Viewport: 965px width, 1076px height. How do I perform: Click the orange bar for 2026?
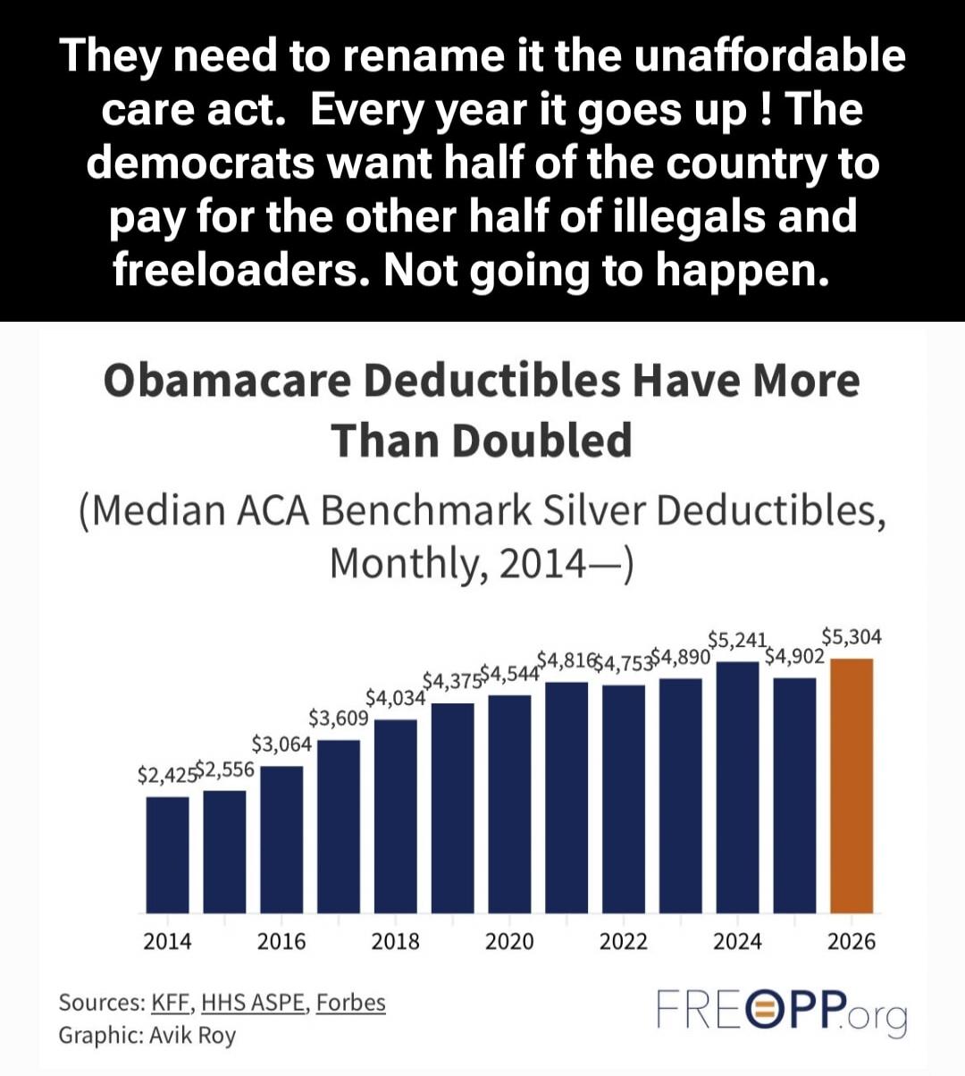852,786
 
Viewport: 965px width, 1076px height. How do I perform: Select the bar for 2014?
167,854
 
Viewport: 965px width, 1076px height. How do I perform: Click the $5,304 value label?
852,636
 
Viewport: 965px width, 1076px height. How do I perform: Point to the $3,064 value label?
281,744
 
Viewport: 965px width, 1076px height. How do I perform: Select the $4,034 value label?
395,697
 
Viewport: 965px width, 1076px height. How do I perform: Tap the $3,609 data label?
338,719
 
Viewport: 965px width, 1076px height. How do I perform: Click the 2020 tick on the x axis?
509,941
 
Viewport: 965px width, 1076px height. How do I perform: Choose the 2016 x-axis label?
281,941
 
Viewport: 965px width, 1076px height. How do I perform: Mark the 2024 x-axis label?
737,941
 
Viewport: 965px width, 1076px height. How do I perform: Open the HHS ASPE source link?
254,1003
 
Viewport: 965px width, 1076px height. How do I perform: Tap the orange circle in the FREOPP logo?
768,1011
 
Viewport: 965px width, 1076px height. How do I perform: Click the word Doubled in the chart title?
543,440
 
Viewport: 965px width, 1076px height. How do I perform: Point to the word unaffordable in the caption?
770,55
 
